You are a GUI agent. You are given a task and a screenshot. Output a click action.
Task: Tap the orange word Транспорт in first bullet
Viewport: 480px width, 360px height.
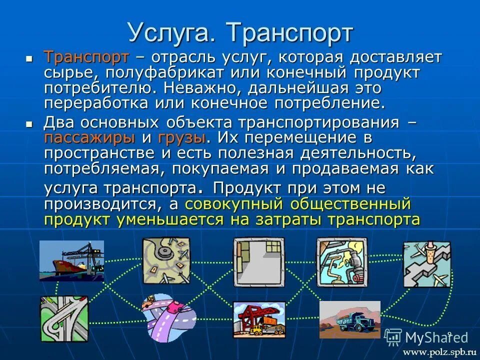pyautogui.click(x=86, y=57)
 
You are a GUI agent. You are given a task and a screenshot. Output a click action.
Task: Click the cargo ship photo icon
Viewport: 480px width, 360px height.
pyautogui.click(x=71, y=260)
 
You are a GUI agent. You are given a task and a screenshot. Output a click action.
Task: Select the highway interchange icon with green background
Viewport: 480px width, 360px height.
pyautogui.click(x=64, y=318)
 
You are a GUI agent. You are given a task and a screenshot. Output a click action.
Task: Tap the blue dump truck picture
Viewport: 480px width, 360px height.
pyautogui.click(x=349, y=319)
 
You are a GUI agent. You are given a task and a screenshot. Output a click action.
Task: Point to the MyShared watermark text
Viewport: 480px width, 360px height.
pyautogui.click(x=436, y=337)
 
